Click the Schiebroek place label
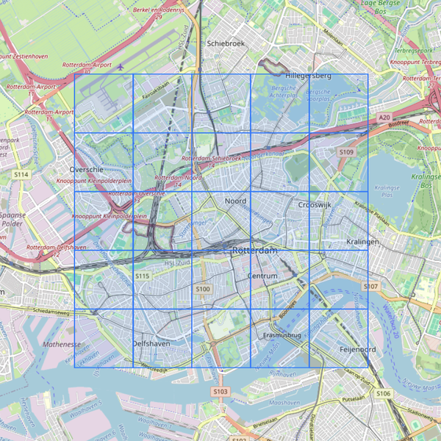[x=226, y=43]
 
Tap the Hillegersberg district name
[x=309, y=76]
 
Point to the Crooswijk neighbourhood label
[x=317, y=205]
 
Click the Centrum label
[x=263, y=276]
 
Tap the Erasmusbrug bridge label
[x=282, y=335]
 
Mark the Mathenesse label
[x=61, y=344]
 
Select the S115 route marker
[x=143, y=276]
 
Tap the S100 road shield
[x=203, y=290]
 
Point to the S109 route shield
[x=346, y=152]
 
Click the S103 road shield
[x=220, y=392]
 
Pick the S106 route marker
[x=383, y=394]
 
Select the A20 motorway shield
[x=384, y=117]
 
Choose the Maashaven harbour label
[x=282, y=404]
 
